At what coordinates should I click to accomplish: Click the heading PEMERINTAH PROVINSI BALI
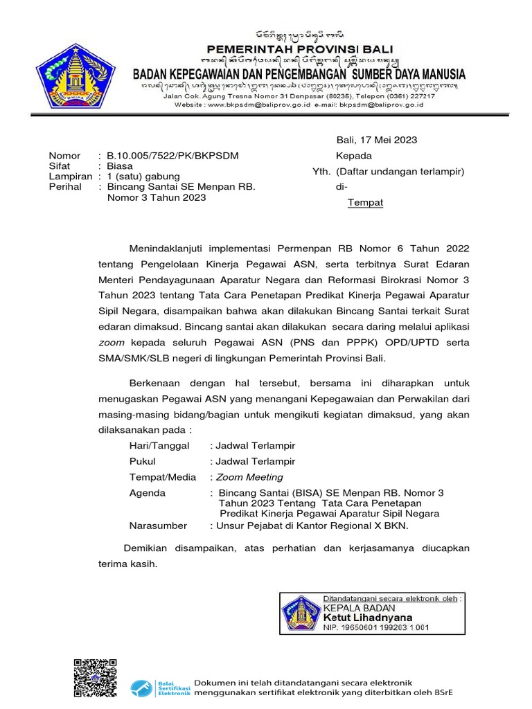click(300, 49)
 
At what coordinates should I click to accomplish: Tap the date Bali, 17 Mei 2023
click(376, 140)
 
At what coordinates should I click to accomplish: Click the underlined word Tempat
click(364, 203)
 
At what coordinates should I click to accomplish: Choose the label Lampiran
click(71, 177)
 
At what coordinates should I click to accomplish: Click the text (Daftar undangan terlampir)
click(400, 172)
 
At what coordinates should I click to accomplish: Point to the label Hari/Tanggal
click(159, 446)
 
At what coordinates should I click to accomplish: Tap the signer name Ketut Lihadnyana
click(367, 617)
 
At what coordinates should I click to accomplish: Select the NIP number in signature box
click(376, 627)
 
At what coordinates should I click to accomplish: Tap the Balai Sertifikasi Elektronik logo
click(160, 687)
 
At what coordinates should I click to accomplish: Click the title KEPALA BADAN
click(355, 607)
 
